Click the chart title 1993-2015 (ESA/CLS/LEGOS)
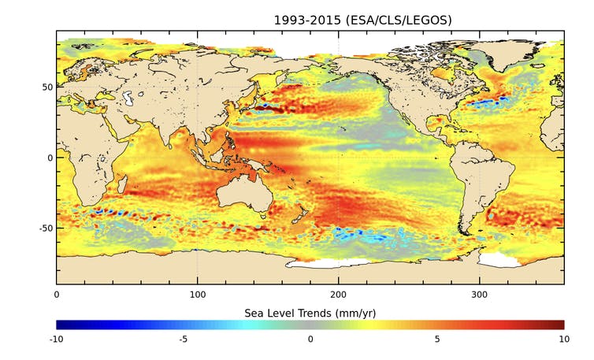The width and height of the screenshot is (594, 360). (x=363, y=20)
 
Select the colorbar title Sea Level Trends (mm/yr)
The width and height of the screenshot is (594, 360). (x=310, y=312)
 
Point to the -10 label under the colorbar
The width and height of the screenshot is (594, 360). (x=56, y=340)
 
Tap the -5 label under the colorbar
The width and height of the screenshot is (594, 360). (x=183, y=340)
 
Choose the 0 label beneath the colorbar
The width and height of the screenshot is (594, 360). (x=310, y=340)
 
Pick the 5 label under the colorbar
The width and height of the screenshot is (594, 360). (x=437, y=340)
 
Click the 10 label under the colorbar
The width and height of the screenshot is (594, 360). (x=564, y=340)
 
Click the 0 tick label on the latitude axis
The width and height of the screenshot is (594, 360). (x=49, y=158)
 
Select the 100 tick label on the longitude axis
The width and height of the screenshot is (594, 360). (x=197, y=295)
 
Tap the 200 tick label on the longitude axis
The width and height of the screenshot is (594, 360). (x=339, y=295)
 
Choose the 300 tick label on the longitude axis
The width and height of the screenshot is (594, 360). (x=480, y=295)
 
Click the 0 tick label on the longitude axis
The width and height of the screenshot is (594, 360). (x=56, y=295)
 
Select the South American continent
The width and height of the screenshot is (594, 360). (x=481, y=181)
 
